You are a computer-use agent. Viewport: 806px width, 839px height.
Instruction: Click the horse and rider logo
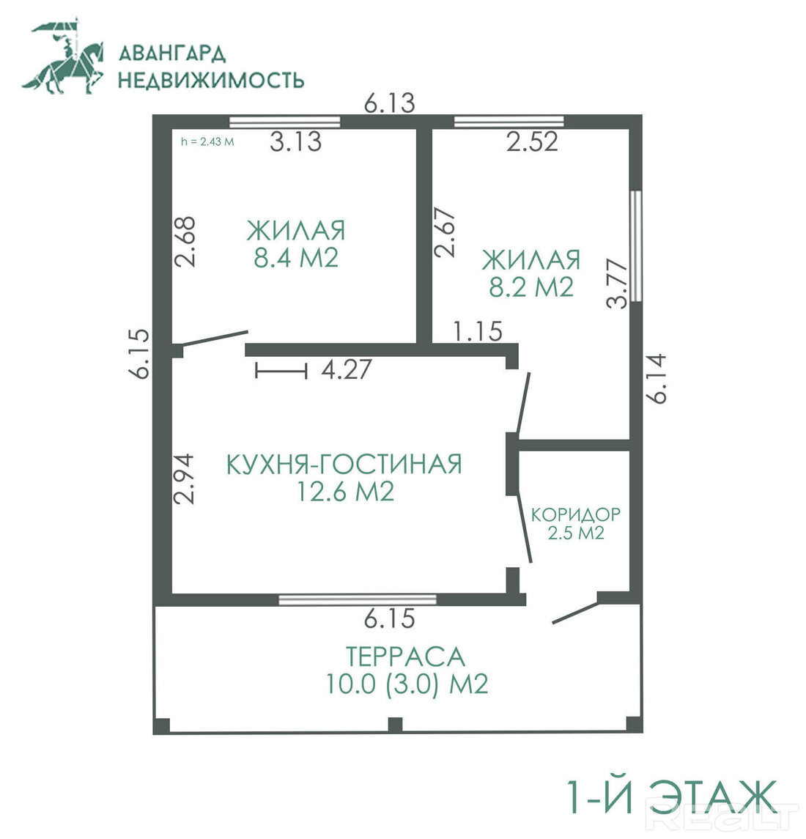[x=63, y=56]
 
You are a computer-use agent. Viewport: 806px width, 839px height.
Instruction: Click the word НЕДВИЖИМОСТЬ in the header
[x=211, y=80]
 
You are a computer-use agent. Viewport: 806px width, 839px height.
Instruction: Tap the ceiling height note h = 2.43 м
[x=207, y=142]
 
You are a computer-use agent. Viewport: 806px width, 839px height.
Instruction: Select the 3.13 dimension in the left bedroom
[x=295, y=142]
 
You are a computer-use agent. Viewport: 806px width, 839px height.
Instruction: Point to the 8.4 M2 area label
[x=296, y=258]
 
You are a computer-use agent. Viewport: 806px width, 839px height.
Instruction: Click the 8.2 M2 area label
[x=531, y=287]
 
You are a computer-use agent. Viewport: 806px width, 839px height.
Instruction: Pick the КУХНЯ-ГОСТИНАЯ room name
[x=344, y=464]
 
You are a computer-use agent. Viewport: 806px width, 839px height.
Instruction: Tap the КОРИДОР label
[x=576, y=514]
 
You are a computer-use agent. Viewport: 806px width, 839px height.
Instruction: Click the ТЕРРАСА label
[x=404, y=657]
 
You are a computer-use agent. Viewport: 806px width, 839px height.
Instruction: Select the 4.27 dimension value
[x=347, y=369]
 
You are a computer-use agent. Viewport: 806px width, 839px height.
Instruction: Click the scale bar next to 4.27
[x=281, y=370]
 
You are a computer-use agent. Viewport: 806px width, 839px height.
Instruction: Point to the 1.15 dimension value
[x=478, y=331]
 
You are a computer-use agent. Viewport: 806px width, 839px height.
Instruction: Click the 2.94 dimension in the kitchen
[x=183, y=479]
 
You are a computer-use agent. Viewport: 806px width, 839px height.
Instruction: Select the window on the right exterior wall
[x=635, y=246]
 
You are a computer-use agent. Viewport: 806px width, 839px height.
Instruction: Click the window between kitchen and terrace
[x=358, y=599]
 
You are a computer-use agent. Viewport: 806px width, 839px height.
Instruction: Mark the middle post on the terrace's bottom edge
[x=395, y=725]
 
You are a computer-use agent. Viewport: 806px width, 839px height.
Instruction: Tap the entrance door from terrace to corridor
[x=575, y=613]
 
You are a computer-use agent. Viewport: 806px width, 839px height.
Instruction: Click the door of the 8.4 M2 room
[x=214, y=339]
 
